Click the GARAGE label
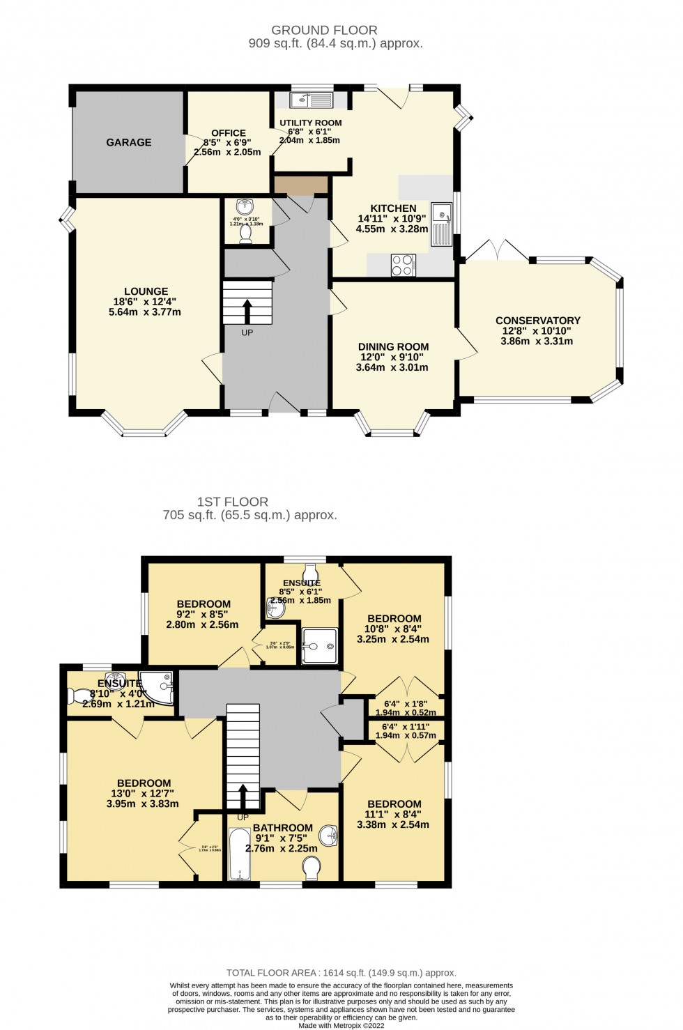(x=128, y=142)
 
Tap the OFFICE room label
(x=229, y=133)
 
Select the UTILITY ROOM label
(x=311, y=123)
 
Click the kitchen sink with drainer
(x=442, y=223)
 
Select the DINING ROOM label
(x=393, y=346)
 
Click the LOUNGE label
(x=146, y=291)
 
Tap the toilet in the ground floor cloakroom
(x=245, y=236)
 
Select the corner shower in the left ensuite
(x=158, y=686)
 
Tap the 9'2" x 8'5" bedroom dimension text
(x=203, y=615)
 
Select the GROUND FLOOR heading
(x=324, y=30)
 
